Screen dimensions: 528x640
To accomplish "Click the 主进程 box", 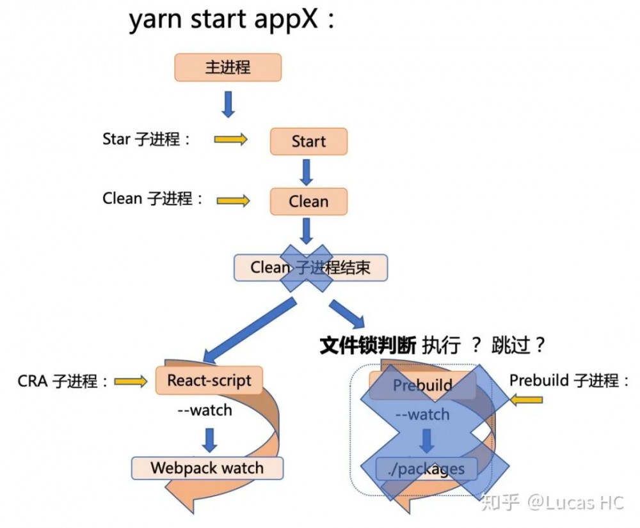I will click(228, 68).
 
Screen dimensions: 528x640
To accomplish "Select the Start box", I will click(308, 141).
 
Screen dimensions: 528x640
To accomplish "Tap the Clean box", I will click(308, 201).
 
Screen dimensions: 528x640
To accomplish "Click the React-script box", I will click(209, 381).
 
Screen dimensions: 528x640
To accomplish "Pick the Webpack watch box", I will click(207, 468).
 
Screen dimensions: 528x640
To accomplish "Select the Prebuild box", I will click(422, 385).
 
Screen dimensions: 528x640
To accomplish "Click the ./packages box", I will click(426, 469).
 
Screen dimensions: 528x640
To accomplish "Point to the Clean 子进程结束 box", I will click(310, 267).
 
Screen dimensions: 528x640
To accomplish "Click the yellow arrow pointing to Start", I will click(230, 139).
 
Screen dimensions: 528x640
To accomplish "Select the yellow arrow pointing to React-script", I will click(132, 382).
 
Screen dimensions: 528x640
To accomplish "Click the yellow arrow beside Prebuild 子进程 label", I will click(527, 400).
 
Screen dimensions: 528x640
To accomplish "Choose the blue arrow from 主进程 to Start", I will click(228, 104).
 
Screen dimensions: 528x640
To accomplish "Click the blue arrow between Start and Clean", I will click(307, 171).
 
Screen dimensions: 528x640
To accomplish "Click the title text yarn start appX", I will click(232, 20).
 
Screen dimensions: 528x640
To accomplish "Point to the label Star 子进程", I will click(146, 139).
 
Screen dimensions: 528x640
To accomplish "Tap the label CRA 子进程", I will click(63, 382).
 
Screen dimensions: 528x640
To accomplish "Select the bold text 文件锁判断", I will click(368, 345).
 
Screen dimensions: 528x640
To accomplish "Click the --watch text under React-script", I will click(205, 410).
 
